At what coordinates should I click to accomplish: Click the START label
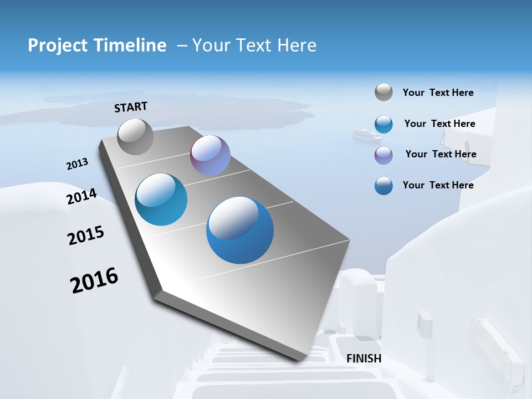click(x=131, y=107)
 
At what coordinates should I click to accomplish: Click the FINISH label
click(x=364, y=359)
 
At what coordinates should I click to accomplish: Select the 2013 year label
click(x=77, y=164)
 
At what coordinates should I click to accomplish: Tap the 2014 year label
click(x=81, y=196)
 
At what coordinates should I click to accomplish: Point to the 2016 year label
click(x=94, y=280)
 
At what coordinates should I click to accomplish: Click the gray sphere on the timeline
click(x=135, y=136)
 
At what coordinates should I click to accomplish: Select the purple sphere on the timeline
click(x=210, y=155)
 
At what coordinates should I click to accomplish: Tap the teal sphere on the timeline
click(x=161, y=199)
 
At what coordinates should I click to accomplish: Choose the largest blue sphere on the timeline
click(x=240, y=230)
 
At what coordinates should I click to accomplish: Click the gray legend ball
click(x=383, y=92)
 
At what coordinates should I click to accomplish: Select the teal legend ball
click(x=383, y=124)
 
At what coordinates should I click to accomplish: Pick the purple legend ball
click(x=383, y=155)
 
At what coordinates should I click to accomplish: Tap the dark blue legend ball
click(x=383, y=186)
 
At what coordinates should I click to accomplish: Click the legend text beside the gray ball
click(x=438, y=93)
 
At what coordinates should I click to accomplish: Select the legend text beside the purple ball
click(x=441, y=154)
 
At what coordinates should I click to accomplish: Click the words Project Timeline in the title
click(x=97, y=45)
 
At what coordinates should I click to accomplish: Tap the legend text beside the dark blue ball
click(x=438, y=185)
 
